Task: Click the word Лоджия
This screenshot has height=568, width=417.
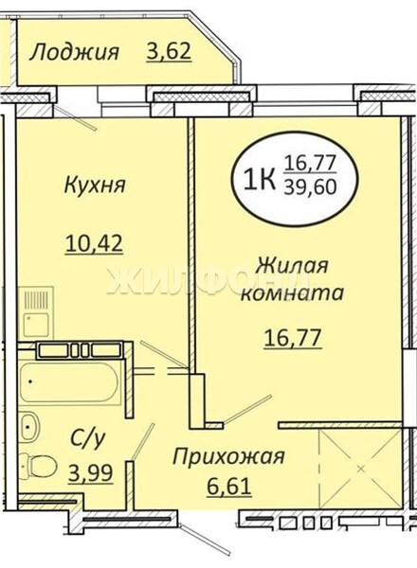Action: coord(74,53)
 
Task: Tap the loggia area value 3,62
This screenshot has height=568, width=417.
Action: coord(169,51)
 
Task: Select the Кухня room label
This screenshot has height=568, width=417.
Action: coord(95,185)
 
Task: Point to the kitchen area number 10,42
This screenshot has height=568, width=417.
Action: coord(94,243)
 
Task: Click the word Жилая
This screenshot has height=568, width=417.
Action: coord(292,265)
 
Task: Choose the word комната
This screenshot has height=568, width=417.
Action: coord(292,293)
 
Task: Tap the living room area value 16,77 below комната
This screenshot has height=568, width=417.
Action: coord(293,338)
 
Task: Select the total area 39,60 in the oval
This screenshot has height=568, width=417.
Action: coord(311,187)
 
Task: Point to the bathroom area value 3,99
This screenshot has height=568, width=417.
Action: coord(91,472)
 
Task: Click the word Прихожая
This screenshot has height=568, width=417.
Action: coord(228,457)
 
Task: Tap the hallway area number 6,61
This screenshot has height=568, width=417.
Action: coord(229,486)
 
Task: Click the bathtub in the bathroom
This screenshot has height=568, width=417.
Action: coord(68,382)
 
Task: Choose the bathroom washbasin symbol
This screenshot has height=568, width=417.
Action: coord(28,426)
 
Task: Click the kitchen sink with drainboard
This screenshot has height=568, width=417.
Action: coord(35,312)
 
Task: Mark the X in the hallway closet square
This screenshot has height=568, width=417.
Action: coord(360,469)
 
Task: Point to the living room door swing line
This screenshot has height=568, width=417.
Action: coord(247,409)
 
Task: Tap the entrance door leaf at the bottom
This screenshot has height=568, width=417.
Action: coord(205,537)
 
